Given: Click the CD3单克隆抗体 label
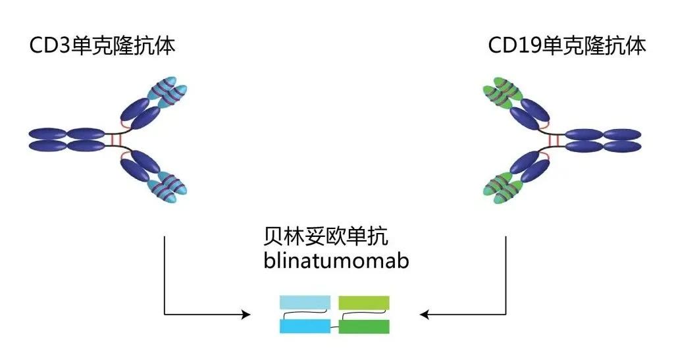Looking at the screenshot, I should pyautogui.click(x=102, y=47).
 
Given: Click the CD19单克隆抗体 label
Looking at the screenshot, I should pyautogui.click(x=567, y=47).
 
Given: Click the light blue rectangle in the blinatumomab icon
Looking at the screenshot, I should pyautogui.click(x=304, y=303).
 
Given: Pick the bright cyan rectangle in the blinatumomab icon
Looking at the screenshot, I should pyautogui.click(x=304, y=326).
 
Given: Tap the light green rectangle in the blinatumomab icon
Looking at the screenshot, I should pyautogui.click(x=363, y=303).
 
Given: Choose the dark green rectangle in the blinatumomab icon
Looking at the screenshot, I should pyautogui.click(x=364, y=326).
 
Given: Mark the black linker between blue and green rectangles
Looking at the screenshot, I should pyautogui.click(x=334, y=322).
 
